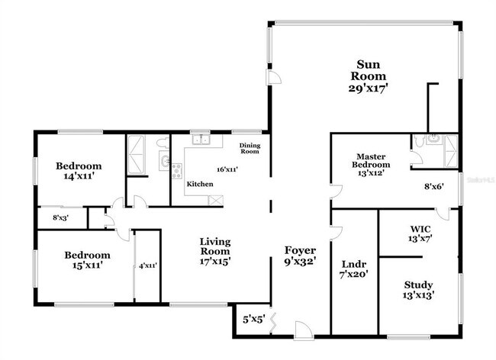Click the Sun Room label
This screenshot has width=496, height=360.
click(x=369, y=70)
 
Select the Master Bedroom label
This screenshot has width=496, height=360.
click(x=371, y=159)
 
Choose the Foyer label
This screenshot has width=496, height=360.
click(x=300, y=250)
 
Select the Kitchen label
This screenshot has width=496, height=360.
click(x=200, y=184)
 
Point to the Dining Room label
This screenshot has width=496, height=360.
click(x=250, y=148)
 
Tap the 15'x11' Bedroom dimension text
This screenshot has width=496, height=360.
click(x=86, y=265)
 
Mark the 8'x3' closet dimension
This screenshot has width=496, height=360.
click(x=60, y=217)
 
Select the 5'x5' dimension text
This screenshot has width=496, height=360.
click(x=253, y=319)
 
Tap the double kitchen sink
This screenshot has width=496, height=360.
click(x=201, y=140)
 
